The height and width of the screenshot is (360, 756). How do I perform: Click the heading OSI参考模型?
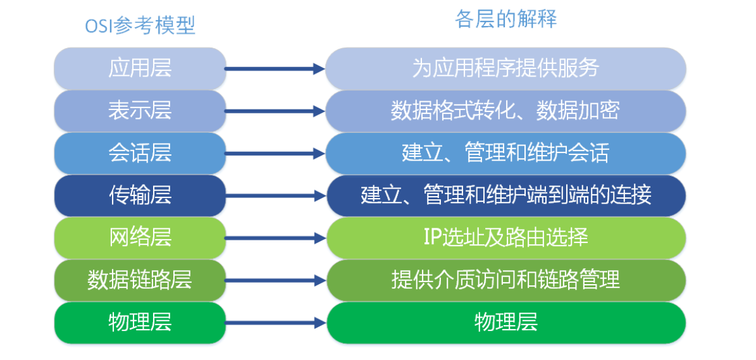point(140,25)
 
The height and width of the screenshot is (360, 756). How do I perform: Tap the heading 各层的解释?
point(505,20)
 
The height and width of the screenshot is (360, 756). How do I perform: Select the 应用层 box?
point(140,68)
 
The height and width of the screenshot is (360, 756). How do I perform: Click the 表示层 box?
point(140,111)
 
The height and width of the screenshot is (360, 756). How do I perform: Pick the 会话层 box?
point(140,153)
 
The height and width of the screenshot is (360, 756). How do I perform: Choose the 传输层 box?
point(140,196)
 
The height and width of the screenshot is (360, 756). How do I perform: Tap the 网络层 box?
point(140,238)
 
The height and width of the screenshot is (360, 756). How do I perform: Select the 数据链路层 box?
point(140,280)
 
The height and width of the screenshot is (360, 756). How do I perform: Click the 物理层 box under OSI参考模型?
point(140,323)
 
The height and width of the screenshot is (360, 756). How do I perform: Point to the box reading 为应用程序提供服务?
point(505,68)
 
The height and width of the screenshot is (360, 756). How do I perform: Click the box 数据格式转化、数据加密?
point(505,111)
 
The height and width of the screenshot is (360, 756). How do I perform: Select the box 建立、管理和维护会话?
point(505,153)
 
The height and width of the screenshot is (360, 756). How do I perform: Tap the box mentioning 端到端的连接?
point(505,196)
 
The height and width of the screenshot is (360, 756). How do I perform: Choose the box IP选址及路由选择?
point(505,238)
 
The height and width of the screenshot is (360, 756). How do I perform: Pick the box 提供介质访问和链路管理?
point(505,280)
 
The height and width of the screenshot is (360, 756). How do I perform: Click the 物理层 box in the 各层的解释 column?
point(505,323)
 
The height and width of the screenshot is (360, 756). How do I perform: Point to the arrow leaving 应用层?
point(275,69)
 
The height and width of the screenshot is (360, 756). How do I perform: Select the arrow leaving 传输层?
point(275,196)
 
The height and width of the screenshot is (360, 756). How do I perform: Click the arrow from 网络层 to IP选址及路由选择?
point(275,239)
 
